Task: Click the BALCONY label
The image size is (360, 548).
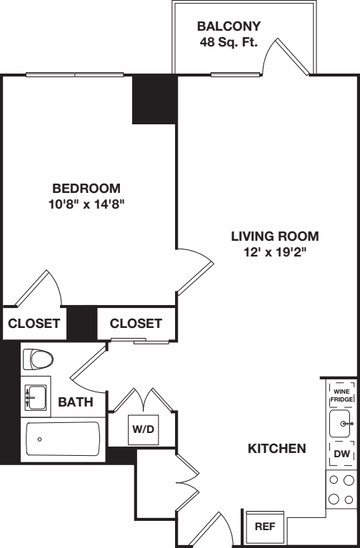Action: pyautogui.click(x=229, y=26)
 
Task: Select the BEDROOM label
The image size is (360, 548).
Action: pyautogui.click(x=86, y=189)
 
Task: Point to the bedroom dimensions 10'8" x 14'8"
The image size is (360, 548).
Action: pyautogui.click(x=86, y=203)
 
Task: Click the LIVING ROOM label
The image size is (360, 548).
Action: pyautogui.click(x=275, y=236)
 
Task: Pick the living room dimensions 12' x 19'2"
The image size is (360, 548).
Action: pyautogui.click(x=275, y=251)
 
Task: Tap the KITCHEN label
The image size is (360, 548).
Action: pyautogui.click(x=276, y=449)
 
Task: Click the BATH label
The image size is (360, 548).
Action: pyautogui.click(x=76, y=402)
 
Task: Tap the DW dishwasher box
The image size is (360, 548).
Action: pyautogui.click(x=341, y=454)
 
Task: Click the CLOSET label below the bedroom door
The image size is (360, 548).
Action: pyautogui.click(x=34, y=324)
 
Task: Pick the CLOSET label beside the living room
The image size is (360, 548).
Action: pyautogui.click(x=136, y=324)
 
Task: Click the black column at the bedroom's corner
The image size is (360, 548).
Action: pyautogui.click(x=154, y=99)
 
